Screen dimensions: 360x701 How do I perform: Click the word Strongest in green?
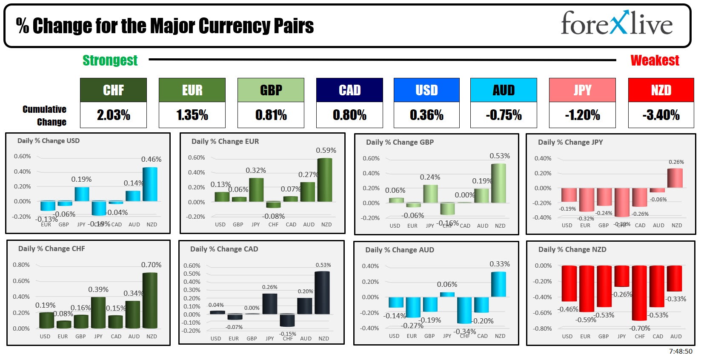pos(110,60)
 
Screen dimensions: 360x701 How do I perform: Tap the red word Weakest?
pos(655,60)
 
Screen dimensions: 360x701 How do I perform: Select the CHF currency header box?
pos(113,90)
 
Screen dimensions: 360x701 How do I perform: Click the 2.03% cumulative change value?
pos(113,115)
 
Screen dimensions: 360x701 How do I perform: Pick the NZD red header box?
pos(661,90)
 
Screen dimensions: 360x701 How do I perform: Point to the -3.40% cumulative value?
pos(661,115)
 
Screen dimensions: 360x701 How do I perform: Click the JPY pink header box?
pos(582,90)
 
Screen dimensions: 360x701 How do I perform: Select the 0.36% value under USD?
pos(426,115)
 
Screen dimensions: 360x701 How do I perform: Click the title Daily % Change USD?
pos(48,141)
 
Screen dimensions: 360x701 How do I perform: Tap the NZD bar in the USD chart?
pos(150,184)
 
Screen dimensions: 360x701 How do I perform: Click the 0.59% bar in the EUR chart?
pos(325,180)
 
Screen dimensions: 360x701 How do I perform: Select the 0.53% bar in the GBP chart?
pos(499,183)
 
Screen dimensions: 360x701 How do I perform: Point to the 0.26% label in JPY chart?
pos(676,162)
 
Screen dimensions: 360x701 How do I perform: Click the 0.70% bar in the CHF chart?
pos(150,300)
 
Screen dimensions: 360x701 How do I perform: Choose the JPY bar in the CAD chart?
pos(270,304)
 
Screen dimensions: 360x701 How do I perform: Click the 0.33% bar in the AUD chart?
pos(499,284)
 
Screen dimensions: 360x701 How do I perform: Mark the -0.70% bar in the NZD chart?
pos(639,293)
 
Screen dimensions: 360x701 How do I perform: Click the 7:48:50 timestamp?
pos(681,351)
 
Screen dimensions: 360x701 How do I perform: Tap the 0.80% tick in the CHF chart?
pos(21,265)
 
